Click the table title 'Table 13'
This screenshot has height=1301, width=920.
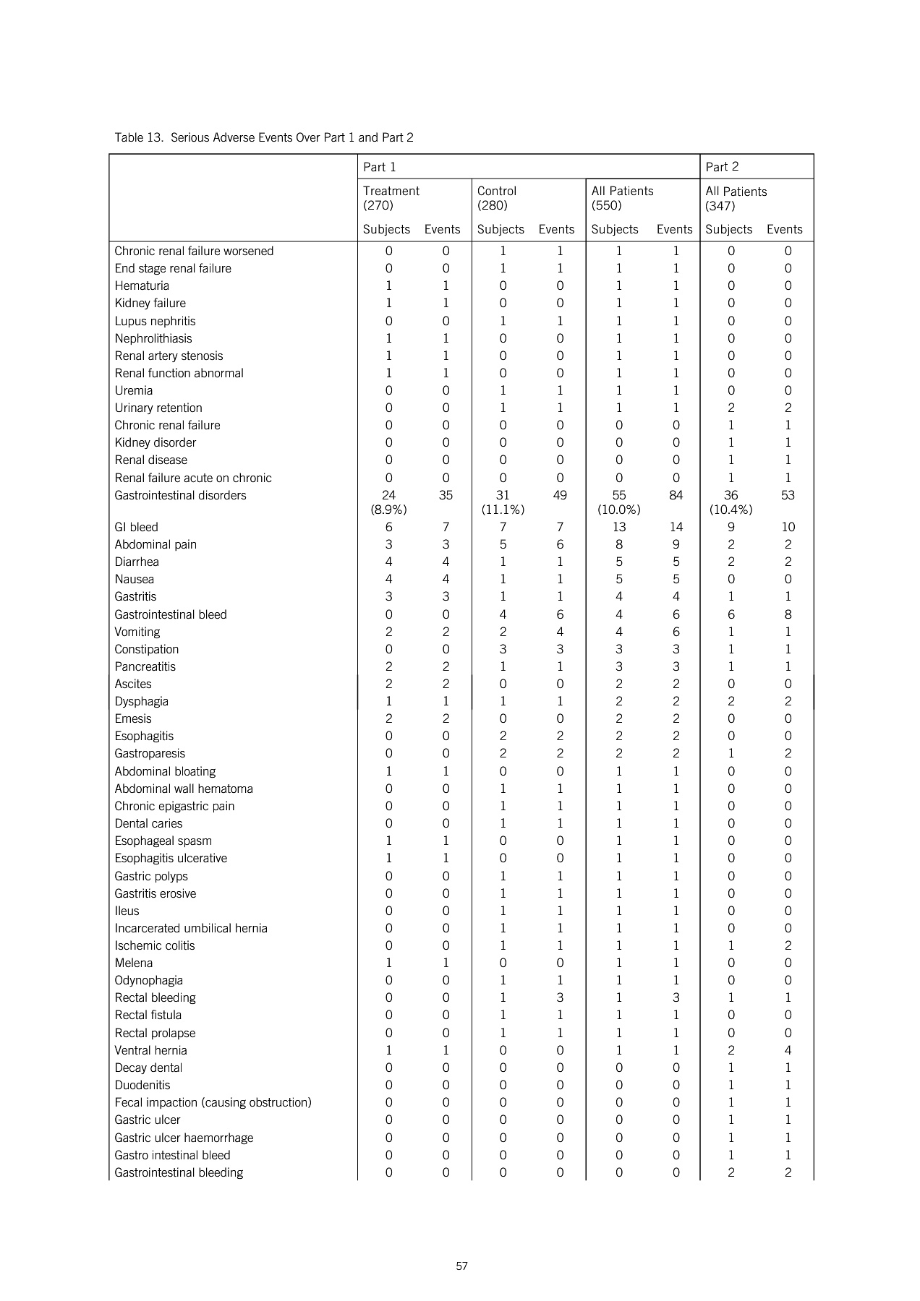click(264, 137)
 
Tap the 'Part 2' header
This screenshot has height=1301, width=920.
click(722, 167)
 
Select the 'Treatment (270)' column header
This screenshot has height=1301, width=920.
click(391, 198)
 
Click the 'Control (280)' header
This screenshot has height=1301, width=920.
click(496, 198)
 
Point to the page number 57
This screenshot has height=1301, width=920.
click(462, 1266)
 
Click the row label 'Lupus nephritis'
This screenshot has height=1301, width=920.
click(155, 321)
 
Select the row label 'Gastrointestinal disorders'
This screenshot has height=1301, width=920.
click(180, 495)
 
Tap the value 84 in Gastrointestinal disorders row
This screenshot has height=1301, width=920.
click(676, 495)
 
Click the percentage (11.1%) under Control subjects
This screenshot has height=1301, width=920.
click(503, 510)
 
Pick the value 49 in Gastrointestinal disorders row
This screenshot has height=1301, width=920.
click(560, 495)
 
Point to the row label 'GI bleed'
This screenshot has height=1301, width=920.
click(136, 527)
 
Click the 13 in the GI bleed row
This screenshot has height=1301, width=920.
click(619, 527)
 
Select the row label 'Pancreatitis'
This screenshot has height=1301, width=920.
click(145, 666)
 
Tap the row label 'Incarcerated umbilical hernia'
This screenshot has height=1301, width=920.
click(191, 928)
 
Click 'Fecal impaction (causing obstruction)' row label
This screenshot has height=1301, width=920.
click(213, 1102)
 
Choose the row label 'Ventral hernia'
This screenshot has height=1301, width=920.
click(150, 1050)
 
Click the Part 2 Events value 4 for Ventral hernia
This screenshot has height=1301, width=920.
click(788, 1050)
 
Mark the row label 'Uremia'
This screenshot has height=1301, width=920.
click(134, 390)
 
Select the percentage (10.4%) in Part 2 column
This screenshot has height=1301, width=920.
click(731, 510)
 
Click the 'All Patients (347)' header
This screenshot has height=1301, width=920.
click(736, 199)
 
